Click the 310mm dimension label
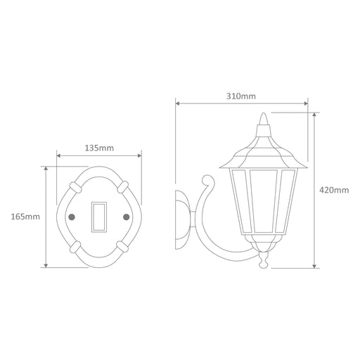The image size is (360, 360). pos(241,96)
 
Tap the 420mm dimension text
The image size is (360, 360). pos(334,190)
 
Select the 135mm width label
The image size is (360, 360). pos(99,148)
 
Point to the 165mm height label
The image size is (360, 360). pos(25,217)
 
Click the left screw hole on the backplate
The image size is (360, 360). pos(72,217)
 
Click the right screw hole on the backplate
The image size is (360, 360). pos(127,217)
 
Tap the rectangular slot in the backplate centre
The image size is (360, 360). pos(99,217)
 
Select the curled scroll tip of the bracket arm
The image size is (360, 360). pos(207,180)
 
